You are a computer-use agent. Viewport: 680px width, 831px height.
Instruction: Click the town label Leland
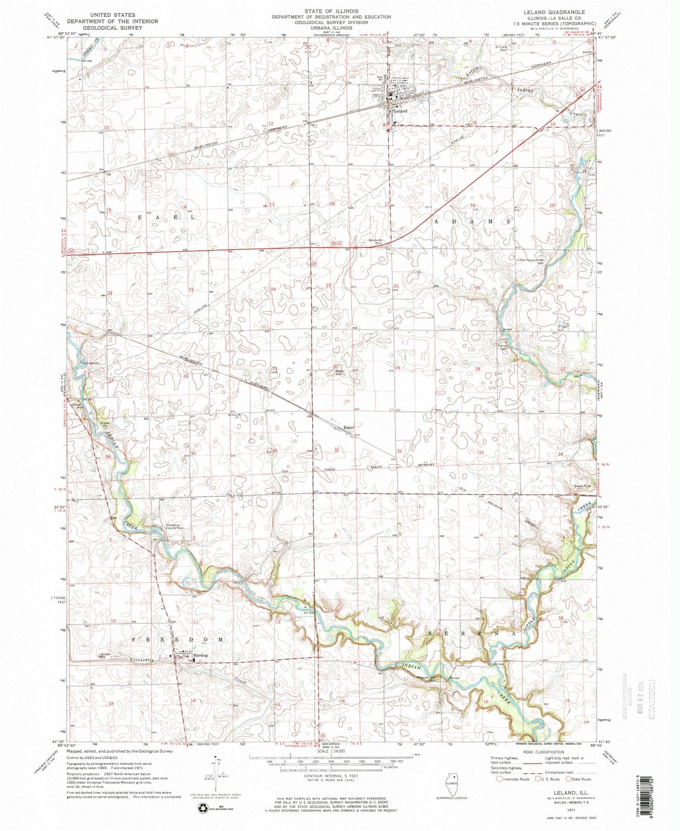click(400, 111)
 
